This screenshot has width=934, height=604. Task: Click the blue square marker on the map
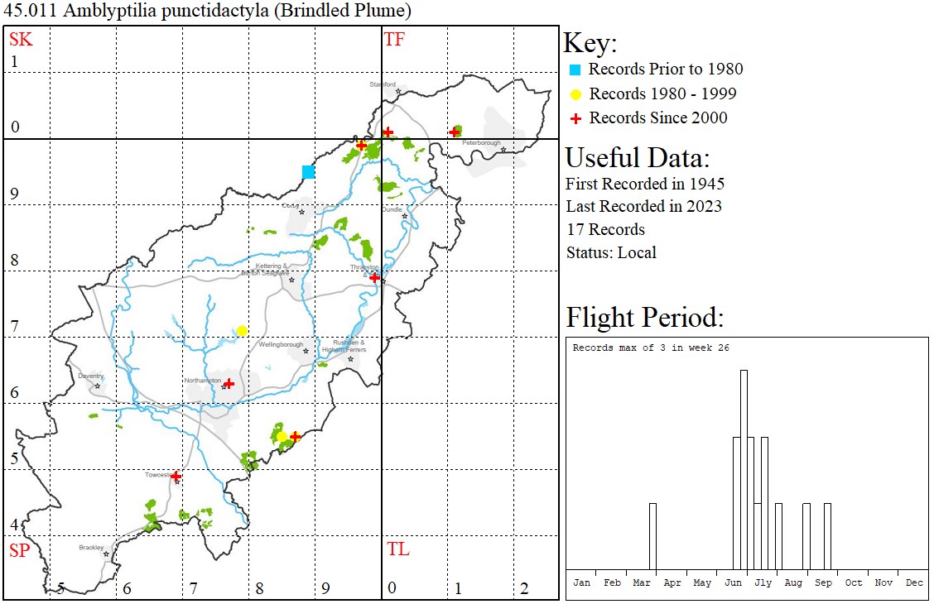(x=308, y=172)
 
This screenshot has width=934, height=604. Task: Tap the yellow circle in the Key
(x=576, y=93)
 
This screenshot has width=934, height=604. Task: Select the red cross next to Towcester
(x=176, y=477)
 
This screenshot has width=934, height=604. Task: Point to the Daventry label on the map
(x=90, y=376)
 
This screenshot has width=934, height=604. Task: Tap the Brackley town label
(x=91, y=547)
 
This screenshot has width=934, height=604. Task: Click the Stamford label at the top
(x=383, y=84)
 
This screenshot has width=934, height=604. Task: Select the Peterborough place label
(x=482, y=142)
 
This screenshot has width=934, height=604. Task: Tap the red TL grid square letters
(x=397, y=549)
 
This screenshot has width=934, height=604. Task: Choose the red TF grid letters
(x=394, y=39)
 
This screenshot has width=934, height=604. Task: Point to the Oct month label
(x=854, y=582)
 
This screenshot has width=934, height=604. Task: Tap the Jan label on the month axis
(x=582, y=582)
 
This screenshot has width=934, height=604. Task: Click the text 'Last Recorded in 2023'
(x=643, y=206)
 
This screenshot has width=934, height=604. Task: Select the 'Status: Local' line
(x=610, y=252)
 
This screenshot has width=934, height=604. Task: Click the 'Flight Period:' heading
(x=645, y=318)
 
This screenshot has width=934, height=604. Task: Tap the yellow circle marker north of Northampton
(x=242, y=331)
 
